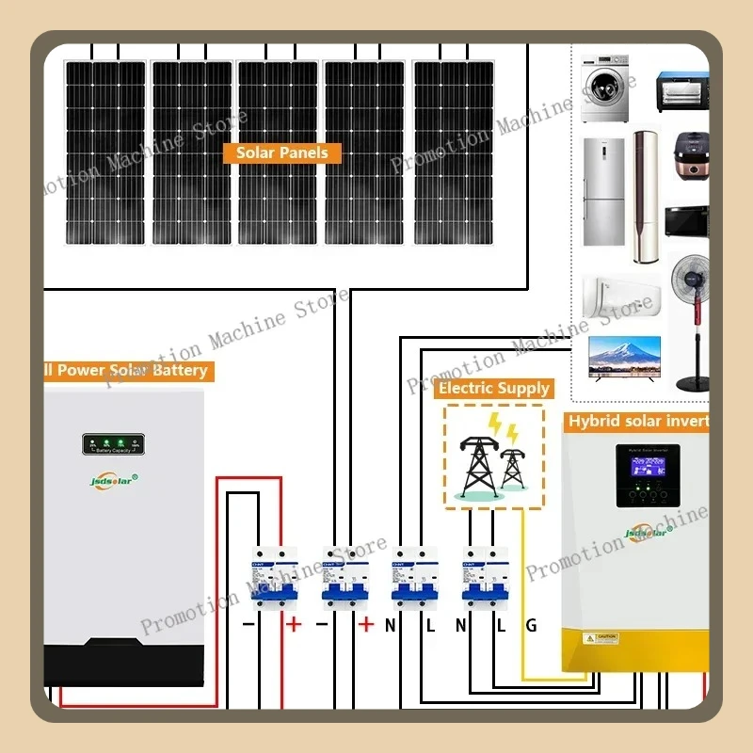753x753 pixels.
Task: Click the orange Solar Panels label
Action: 282,152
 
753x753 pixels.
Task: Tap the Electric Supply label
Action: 493,388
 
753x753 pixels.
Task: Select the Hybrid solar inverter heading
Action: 637,421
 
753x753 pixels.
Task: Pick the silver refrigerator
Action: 603,192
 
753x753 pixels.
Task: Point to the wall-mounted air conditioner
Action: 621,294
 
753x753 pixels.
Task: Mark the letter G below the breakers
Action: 531,624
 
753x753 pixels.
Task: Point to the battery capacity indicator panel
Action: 111,444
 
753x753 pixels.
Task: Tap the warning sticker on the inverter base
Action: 600,638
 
